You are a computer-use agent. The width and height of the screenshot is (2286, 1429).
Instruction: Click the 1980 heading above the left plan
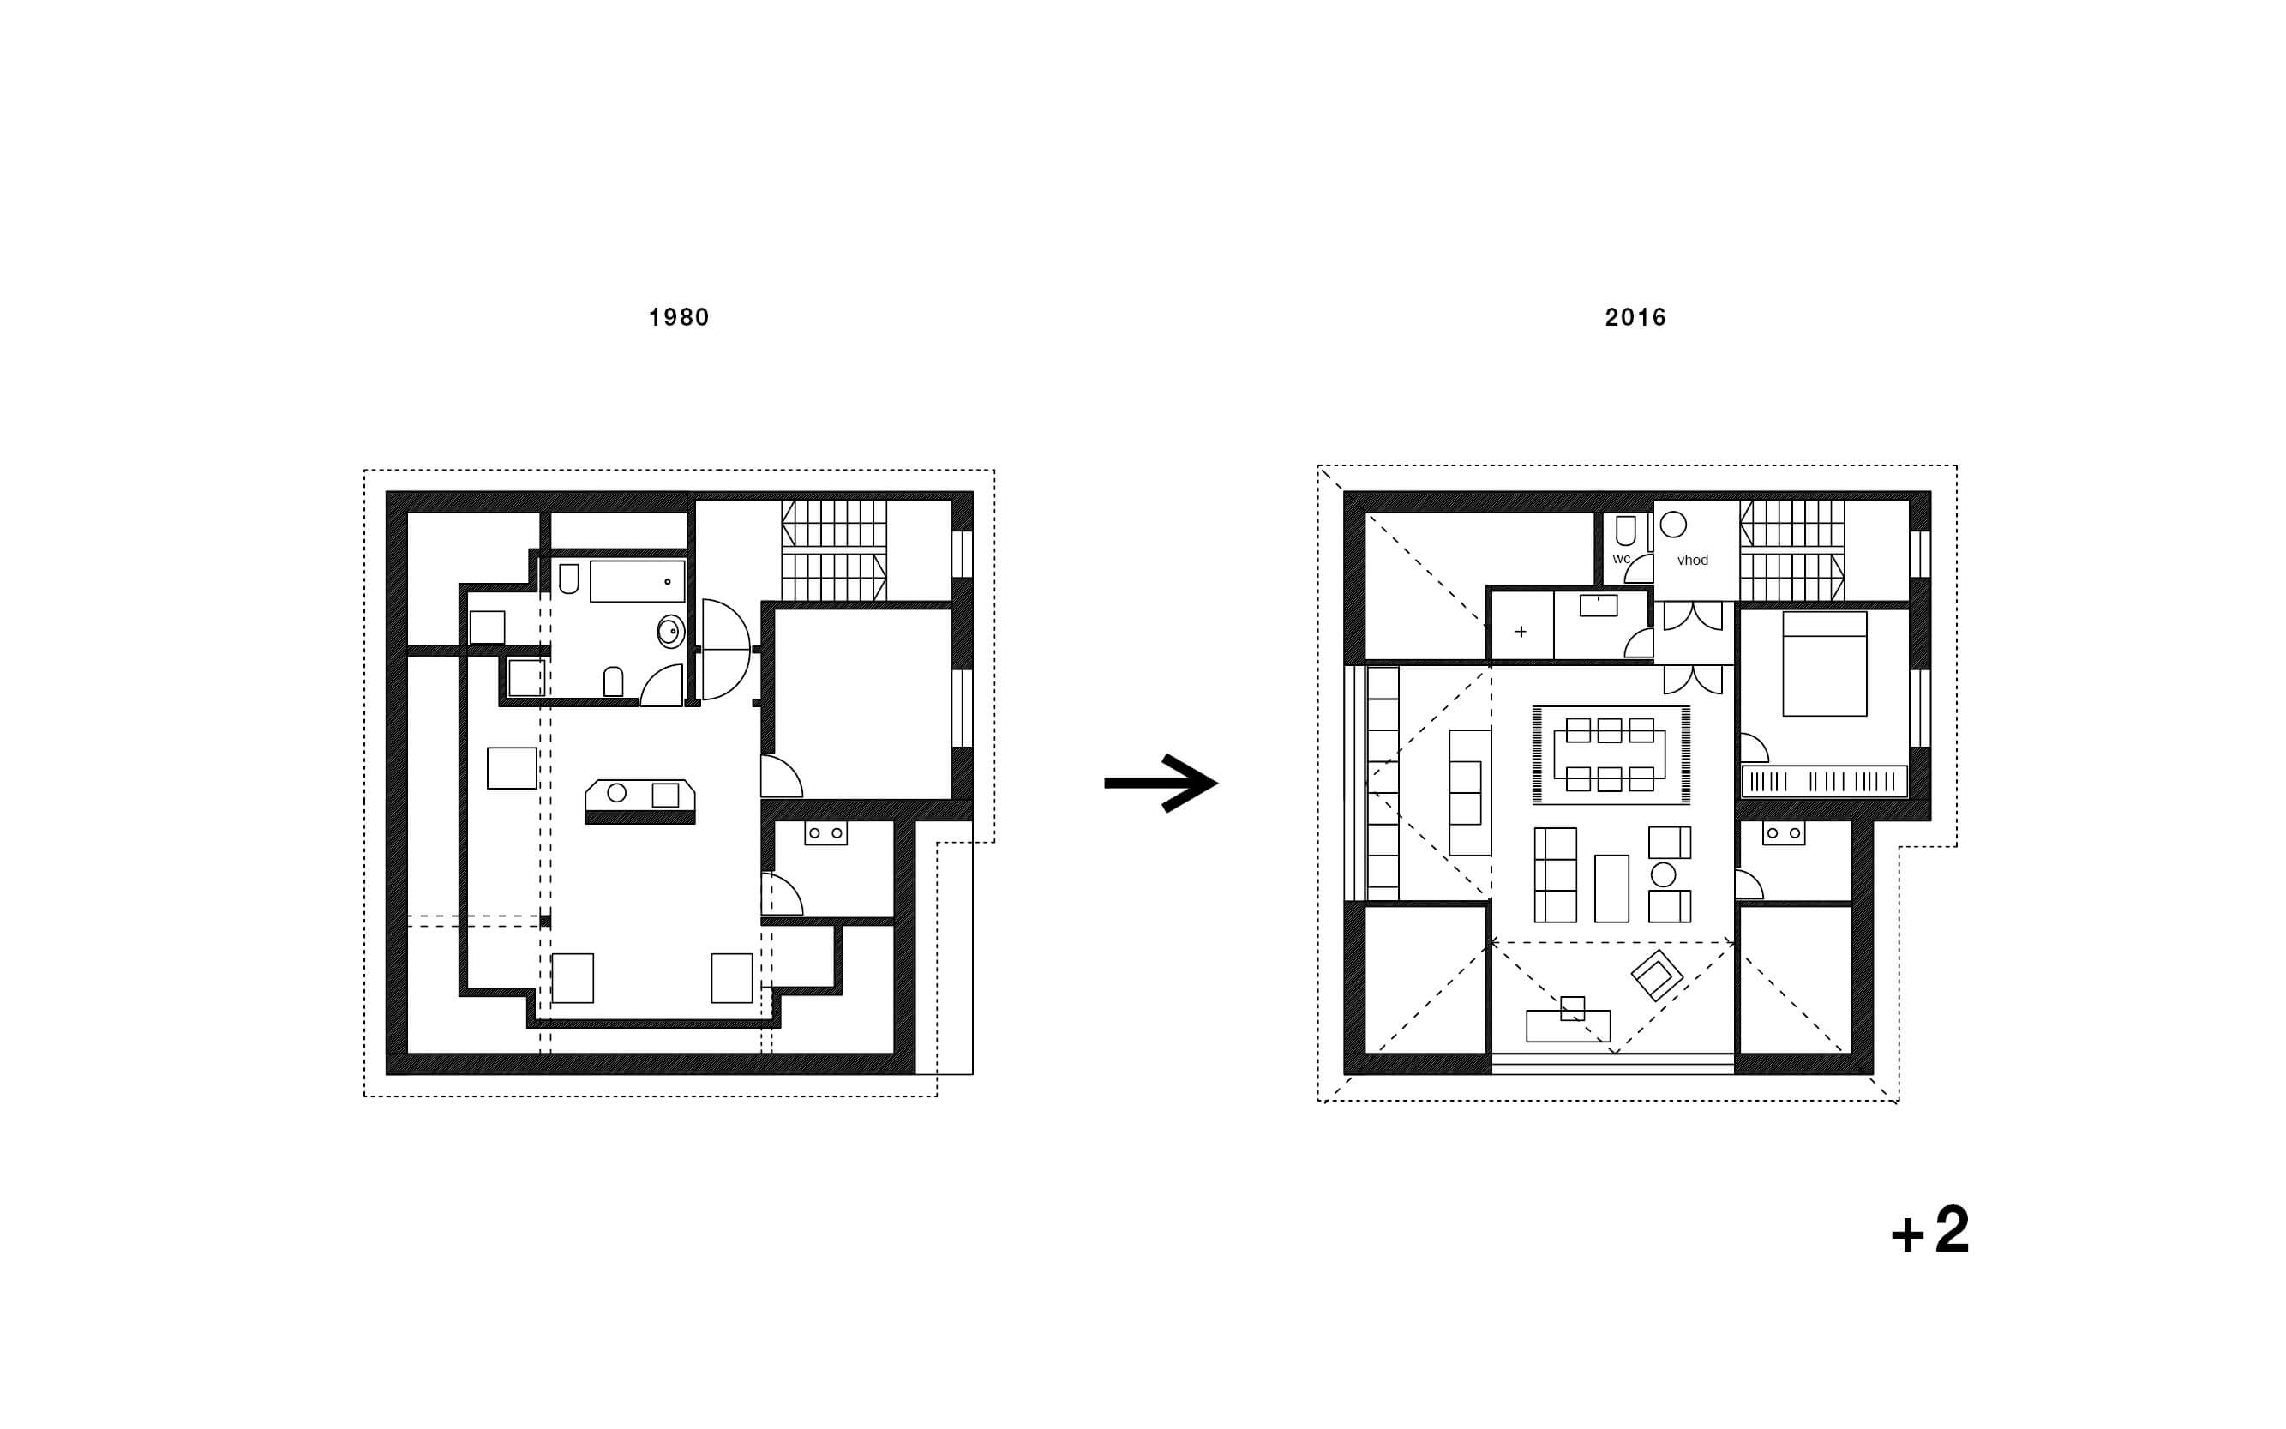(679, 317)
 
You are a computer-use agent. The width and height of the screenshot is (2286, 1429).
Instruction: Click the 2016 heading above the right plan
(1635, 317)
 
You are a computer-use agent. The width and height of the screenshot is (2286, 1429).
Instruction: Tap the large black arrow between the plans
(1161, 783)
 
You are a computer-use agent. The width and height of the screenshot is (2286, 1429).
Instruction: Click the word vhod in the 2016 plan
(1693, 561)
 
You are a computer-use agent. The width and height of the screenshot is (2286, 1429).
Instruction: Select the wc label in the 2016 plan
(1622, 560)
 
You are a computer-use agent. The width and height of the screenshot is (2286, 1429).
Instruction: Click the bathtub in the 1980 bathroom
(637, 581)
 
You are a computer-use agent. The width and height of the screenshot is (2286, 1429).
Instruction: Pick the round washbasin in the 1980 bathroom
(670, 631)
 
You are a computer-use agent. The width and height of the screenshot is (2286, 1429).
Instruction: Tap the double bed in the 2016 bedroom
(1825, 663)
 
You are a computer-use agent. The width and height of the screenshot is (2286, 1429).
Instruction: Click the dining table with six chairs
(1611, 755)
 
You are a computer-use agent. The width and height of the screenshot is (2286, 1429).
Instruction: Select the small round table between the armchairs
(1663, 874)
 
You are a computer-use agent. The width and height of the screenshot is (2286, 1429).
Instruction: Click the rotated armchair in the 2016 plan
(1657, 975)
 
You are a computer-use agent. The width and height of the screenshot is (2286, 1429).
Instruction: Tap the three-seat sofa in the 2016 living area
(1555, 875)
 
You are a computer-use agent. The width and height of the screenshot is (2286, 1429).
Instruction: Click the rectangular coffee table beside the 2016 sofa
(1611, 888)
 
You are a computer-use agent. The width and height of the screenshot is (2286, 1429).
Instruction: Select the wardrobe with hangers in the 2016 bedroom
(1824, 782)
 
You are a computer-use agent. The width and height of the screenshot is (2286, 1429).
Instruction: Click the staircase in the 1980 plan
(833, 551)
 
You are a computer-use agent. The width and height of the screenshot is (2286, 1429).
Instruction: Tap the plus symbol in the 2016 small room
(1521, 631)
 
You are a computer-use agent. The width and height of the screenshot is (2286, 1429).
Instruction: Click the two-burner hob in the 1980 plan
(825, 832)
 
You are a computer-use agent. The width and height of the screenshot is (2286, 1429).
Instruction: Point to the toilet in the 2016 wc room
(1625, 531)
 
